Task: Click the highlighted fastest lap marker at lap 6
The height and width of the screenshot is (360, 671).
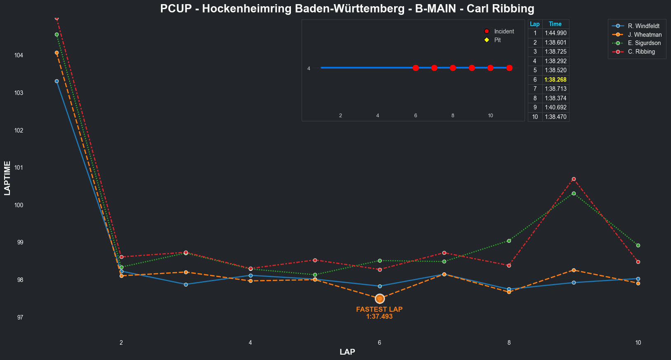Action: tap(380, 298)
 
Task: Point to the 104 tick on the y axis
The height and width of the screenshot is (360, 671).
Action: tap(21, 55)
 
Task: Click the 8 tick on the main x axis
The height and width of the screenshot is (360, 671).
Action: tap(509, 343)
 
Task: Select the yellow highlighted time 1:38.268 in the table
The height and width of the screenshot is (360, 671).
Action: tap(555, 80)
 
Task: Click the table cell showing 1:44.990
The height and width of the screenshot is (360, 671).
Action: tap(555, 33)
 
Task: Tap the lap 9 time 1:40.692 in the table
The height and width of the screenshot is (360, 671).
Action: tap(555, 107)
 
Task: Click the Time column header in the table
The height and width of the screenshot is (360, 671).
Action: tap(555, 24)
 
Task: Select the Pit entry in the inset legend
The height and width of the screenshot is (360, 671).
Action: tap(497, 40)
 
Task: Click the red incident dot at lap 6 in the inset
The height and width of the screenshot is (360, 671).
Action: tap(416, 68)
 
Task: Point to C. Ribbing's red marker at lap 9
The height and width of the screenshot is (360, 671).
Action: tap(574, 179)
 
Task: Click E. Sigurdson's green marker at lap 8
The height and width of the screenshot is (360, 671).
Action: tap(509, 241)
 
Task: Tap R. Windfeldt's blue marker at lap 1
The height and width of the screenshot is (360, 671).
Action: tap(57, 81)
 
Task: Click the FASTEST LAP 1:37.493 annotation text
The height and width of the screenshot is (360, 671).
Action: tap(379, 313)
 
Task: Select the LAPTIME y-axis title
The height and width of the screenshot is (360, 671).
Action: tap(7, 178)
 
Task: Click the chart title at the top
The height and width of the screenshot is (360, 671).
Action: tap(347, 8)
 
